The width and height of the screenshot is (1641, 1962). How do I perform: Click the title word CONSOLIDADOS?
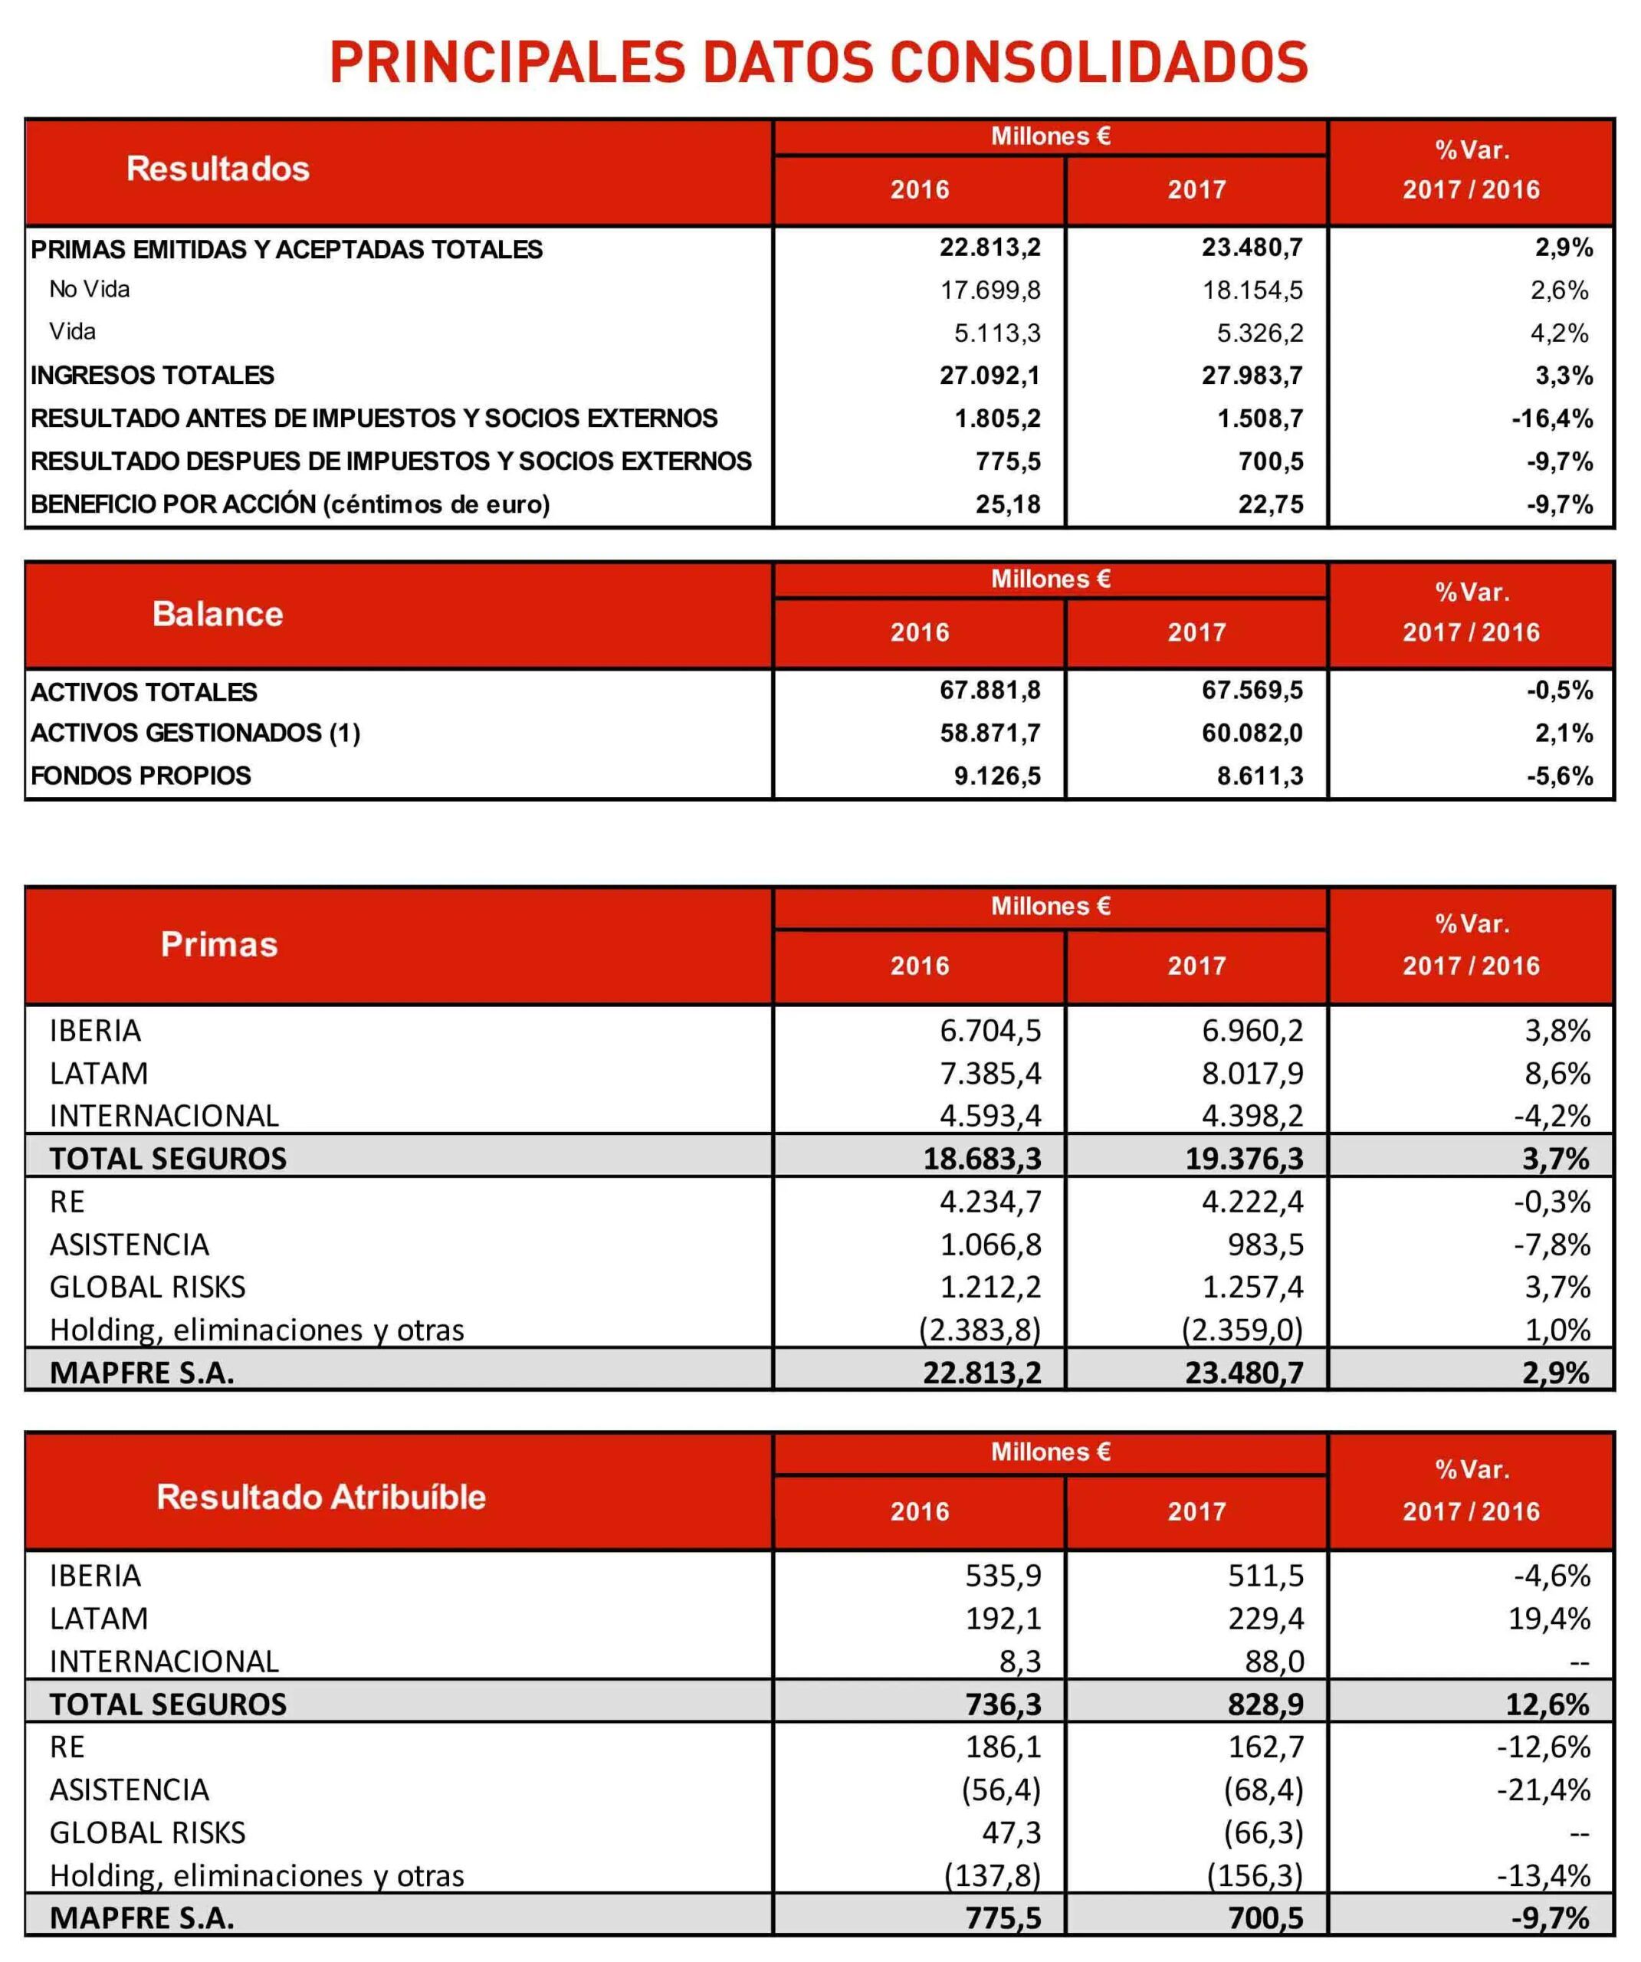1098,63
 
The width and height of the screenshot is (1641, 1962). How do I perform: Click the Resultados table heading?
218,169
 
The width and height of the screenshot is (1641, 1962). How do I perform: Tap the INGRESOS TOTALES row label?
153,376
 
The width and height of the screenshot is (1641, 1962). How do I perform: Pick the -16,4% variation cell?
1551,418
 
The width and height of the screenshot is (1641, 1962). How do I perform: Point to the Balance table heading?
218,614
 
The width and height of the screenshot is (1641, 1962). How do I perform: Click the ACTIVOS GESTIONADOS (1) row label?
195,733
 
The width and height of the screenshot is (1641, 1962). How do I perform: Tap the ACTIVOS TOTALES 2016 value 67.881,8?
990,691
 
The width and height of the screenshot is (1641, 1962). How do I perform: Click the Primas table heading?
218,944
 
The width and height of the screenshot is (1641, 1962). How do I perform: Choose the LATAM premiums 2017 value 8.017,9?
1252,1074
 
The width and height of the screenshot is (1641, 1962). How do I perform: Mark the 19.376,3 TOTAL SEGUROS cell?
1244,1159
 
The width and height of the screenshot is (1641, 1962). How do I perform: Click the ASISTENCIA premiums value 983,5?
1265,1245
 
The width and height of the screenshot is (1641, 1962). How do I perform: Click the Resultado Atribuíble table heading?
320,1497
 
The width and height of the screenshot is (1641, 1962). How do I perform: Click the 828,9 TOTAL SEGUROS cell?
1265,1704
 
